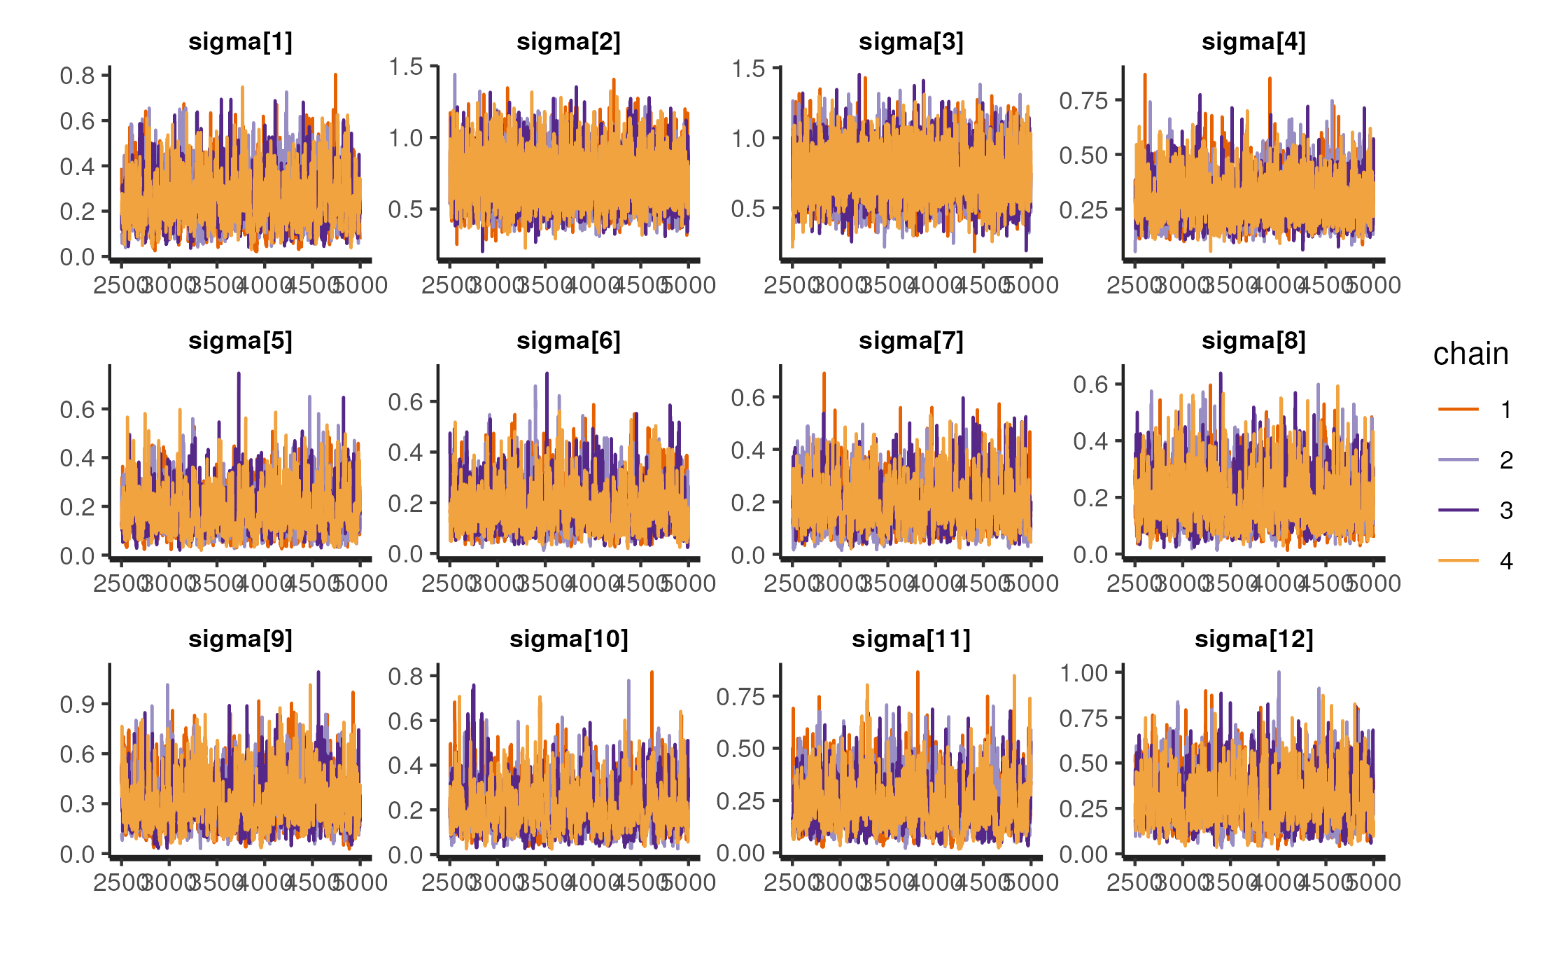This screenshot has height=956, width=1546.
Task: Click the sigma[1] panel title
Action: click(240, 42)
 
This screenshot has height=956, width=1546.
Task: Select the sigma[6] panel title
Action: click(568, 341)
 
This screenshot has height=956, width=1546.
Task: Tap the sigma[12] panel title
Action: click(1253, 639)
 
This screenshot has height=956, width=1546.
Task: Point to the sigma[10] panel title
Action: click(568, 639)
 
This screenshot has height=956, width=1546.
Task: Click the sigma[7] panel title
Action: click(911, 341)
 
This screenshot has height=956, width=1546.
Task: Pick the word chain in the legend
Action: click(1470, 354)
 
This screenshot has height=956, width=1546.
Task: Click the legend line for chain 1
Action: click(1459, 409)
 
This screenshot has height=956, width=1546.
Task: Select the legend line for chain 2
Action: click(1459, 459)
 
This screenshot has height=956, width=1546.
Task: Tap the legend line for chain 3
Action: click(1459, 510)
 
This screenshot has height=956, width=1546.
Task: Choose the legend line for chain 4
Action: click(1459, 560)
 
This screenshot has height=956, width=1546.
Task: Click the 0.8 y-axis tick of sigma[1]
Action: click(78, 76)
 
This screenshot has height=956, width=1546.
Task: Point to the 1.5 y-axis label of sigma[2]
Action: click(406, 67)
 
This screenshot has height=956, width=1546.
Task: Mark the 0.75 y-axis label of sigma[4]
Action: click(1083, 101)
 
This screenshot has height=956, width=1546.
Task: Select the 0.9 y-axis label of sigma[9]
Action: click(78, 705)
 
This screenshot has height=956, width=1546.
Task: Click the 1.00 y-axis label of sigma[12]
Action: click(1083, 673)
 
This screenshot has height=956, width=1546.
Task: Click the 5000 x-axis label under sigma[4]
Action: click(1374, 286)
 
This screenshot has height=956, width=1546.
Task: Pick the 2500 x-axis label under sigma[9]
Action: click(121, 882)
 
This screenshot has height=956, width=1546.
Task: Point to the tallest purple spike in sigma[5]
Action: click(239, 374)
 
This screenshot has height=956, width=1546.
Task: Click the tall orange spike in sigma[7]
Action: click(824, 374)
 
